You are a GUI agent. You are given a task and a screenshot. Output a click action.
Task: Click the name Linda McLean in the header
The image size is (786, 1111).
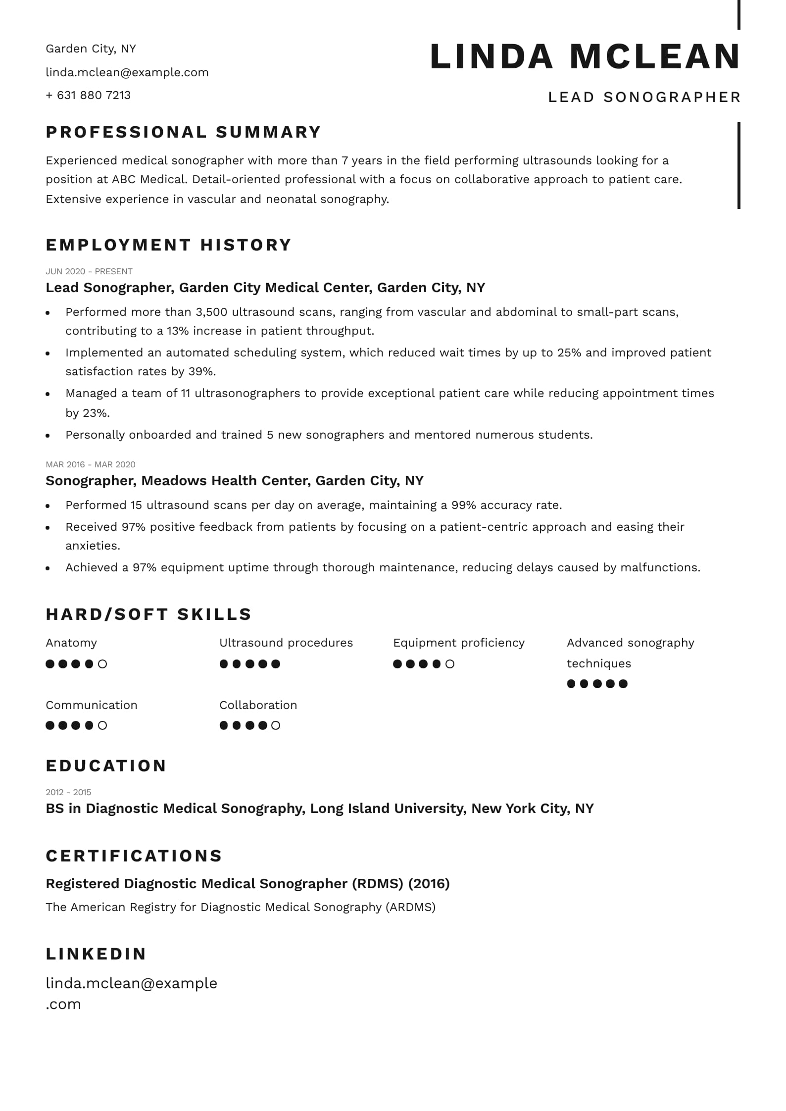click(585, 56)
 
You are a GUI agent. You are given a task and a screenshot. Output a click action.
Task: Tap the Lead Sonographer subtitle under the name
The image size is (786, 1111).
click(644, 97)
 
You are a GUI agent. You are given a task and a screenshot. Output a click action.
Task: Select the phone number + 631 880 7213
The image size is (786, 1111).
click(88, 95)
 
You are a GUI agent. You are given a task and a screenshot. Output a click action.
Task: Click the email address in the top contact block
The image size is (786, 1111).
click(127, 72)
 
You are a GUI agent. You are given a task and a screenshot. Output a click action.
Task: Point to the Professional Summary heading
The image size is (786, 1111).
click(184, 132)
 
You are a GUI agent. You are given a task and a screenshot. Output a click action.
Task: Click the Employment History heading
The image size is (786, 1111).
click(169, 245)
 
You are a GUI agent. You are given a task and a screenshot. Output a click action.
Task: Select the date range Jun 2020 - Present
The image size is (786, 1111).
click(89, 271)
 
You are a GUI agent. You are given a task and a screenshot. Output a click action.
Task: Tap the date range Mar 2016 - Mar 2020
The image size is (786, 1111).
click(91, 464)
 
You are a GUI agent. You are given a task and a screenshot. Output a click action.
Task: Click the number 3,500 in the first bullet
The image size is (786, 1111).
click(211, 312)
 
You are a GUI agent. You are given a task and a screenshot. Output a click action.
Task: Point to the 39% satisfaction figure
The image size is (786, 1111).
click(202, 371)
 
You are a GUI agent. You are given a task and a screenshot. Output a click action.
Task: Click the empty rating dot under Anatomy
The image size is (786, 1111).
click(102, 664)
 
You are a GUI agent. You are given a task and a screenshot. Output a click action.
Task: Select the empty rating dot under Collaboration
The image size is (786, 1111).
click(276, 725)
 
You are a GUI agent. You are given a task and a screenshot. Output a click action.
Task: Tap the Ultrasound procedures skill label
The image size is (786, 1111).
click(286, 643)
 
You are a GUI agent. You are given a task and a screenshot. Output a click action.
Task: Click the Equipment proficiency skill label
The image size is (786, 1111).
click(458, 643)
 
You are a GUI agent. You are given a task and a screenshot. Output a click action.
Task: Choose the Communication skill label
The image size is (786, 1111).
click(92, 705)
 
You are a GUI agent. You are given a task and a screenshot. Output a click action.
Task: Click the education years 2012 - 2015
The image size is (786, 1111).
click(68, 792)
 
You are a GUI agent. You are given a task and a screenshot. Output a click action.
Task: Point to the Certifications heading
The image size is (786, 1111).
click(134, 856)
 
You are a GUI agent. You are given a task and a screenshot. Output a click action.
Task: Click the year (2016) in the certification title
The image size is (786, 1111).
click(430, 884)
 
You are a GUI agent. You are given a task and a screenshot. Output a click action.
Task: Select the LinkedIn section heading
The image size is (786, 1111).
click(96, 954)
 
